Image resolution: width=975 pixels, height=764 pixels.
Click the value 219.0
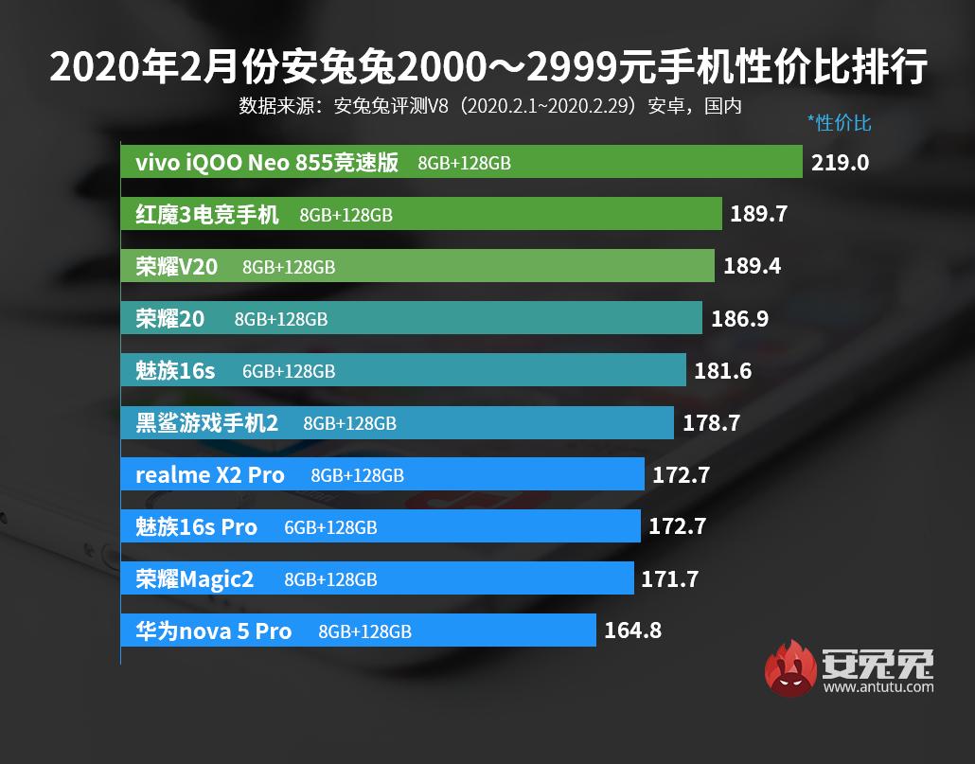point(840,162)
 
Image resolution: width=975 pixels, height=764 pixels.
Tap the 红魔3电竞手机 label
point(207,215)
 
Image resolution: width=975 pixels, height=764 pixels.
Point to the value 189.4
point(752,267)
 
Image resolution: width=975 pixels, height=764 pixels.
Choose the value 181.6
point(722,371)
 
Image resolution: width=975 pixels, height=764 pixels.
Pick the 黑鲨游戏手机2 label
point(207,423)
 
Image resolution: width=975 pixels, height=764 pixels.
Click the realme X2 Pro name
point(209,475)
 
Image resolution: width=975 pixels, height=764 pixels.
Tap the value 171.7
point(669,578)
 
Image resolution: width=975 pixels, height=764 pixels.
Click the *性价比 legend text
point(839,123)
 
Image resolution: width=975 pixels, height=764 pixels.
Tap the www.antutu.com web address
point(878,686)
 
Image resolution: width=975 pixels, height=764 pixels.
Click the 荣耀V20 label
point(176,267)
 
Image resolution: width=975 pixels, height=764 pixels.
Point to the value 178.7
point(711,423)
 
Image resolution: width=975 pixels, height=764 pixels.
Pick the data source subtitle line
point(489,105)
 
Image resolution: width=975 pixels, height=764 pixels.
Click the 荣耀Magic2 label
point(195,578)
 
